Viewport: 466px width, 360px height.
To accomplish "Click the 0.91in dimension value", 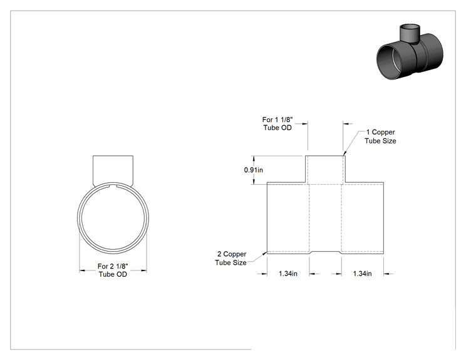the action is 254,170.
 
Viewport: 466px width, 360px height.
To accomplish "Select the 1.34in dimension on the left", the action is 288,274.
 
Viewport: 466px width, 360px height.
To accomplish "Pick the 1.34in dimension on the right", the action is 362,274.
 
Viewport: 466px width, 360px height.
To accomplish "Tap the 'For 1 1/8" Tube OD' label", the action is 277,123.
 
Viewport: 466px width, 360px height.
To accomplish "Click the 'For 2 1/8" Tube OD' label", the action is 113,270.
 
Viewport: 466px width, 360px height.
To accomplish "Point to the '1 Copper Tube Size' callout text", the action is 380,136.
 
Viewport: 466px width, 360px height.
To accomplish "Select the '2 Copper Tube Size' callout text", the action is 231,258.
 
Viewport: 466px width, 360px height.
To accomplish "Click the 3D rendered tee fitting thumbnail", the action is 410,51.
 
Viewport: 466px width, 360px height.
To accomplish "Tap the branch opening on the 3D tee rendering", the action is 410,29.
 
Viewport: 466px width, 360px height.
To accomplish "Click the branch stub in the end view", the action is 113,170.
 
